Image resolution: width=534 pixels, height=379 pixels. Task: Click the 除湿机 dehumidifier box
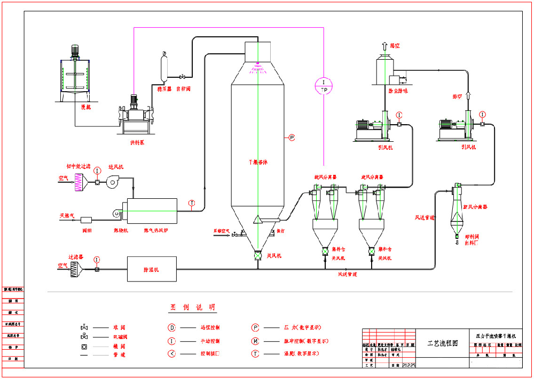151,269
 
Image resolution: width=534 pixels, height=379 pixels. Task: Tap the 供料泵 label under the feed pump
137,143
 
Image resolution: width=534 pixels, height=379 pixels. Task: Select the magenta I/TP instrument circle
324,85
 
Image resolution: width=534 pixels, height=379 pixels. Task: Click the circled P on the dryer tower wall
292,138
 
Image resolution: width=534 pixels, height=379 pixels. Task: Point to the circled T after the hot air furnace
192,203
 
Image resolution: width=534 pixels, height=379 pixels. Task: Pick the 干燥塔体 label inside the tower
257,162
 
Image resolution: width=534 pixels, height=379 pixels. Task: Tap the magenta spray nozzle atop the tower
257,68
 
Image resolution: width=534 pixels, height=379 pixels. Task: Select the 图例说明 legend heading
193,308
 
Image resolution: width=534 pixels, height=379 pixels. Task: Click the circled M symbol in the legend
256,341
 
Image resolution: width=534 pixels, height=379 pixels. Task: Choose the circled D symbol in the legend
171,328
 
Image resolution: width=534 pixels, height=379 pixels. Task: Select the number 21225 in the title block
408,365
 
